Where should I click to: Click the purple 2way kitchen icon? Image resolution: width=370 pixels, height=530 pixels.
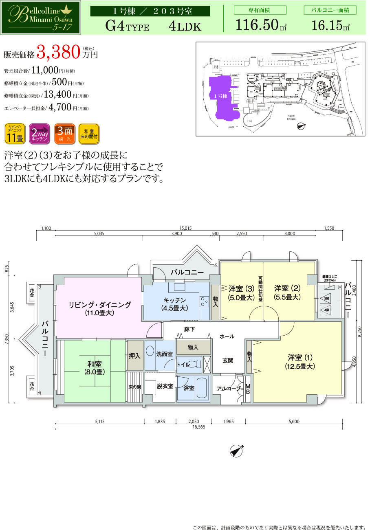40,134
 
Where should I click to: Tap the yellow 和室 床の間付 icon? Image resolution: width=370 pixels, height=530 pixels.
88,134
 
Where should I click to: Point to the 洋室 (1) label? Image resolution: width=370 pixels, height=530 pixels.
300,361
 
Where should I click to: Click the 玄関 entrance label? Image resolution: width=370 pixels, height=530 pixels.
228,360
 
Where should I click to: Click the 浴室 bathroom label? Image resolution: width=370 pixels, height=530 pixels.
189,388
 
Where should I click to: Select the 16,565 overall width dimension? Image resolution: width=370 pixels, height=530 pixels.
199,427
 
